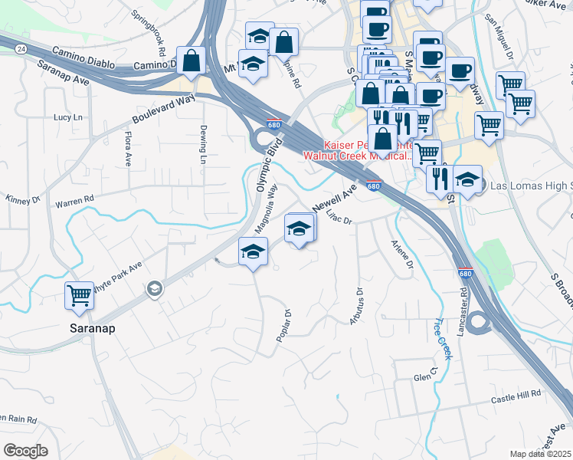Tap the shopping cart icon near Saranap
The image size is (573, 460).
[x=80, y=295]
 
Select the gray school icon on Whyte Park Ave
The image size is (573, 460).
[x=154, y=288]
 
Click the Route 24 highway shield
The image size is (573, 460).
[x=20, y=48]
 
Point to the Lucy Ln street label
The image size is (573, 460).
[x=67, y=117]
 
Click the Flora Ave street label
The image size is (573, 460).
[x=128, y=149]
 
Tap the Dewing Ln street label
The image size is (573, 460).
[x=203, y=144]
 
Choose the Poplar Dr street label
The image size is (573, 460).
[x=283, y=327]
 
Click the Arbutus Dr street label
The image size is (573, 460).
[x=357, y=305]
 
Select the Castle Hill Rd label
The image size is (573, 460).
[x=516, y=397]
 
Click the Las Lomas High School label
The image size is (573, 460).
[x=530, y=186]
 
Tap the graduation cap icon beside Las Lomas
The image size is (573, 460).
[x=467, y=180]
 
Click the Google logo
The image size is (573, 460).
[x=25, y=451]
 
